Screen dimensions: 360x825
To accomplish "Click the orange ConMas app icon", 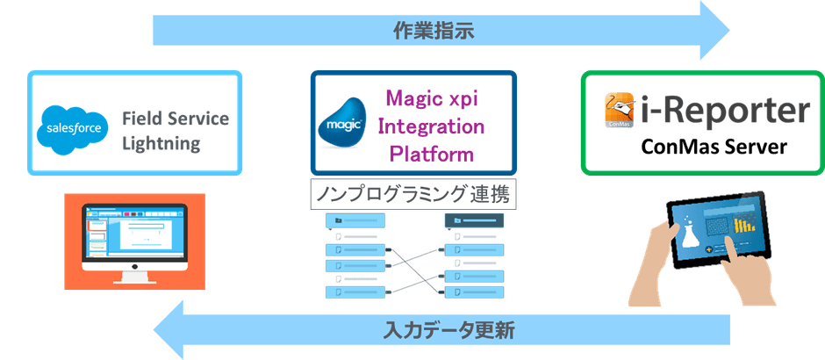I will (621, 112).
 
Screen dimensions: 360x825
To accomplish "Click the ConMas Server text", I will (713, 146).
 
